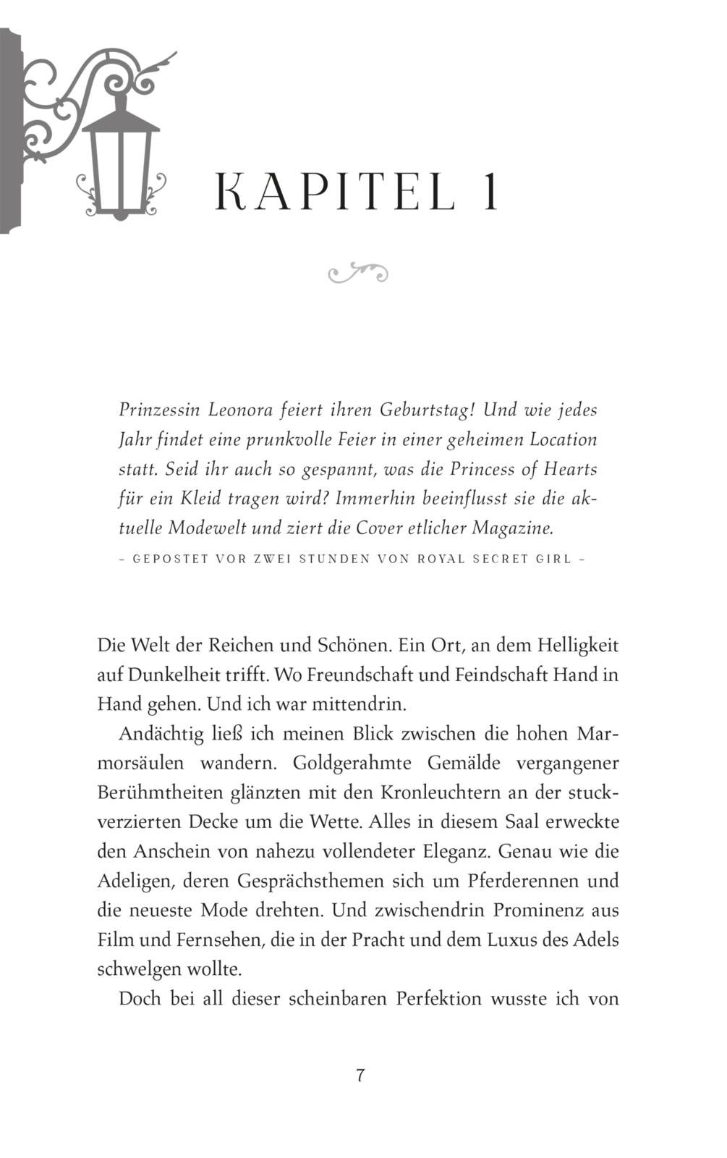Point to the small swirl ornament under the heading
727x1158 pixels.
pos(358,273)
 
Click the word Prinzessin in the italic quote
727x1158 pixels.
pos(159,410)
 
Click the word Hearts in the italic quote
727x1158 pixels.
pos(569,469)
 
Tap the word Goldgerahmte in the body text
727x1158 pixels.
pos(352,764)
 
